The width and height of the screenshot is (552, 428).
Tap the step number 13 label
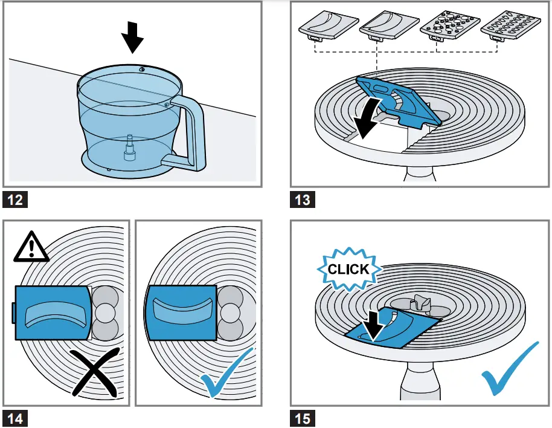tap(302, 199)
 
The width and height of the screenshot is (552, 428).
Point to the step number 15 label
tap(302, 418)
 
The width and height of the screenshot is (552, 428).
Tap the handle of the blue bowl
tap(193, 133)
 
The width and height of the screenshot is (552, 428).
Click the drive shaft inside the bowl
tap(128, 149)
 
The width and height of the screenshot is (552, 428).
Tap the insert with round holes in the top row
tap(448, 25)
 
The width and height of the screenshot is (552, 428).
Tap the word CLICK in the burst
tap(347, 269)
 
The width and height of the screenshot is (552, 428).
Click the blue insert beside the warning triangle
tap(54, 312)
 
